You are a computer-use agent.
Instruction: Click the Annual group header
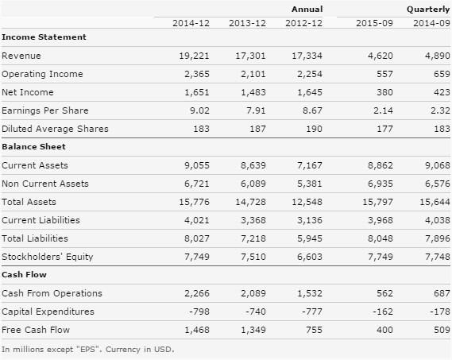[x=307, y=10]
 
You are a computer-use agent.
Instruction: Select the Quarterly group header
[x=428, y=10]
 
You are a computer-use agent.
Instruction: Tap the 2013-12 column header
[x=247, y=23]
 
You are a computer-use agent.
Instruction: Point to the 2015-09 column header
[x=374, y=23]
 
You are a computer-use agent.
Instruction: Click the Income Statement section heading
[x=44, y=37]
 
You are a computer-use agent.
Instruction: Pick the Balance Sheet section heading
[x=33, y=146]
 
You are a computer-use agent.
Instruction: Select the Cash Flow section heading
[x=24, y=274]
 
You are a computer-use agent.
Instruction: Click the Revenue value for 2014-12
[x=194, y=56]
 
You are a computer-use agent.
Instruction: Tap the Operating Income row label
[x=42, y=74]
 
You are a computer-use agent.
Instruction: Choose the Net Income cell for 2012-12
[x=310, y=92]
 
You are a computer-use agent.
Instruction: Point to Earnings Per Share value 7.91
[x=256, y=110]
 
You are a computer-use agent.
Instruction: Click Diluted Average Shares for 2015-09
[x=384, y=129]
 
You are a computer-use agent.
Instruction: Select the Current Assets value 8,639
[x=253, y=165]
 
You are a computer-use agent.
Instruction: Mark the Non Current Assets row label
[x=45, y=184]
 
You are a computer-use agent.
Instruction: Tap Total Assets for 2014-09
[x=435, y=202]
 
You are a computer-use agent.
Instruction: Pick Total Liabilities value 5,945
[x=310, y=238]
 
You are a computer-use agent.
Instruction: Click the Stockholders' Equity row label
[x=48, y=257]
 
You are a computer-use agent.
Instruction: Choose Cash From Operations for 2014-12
[x=197, y=293]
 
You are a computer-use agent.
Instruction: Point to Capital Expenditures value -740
[x=256, y=312]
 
